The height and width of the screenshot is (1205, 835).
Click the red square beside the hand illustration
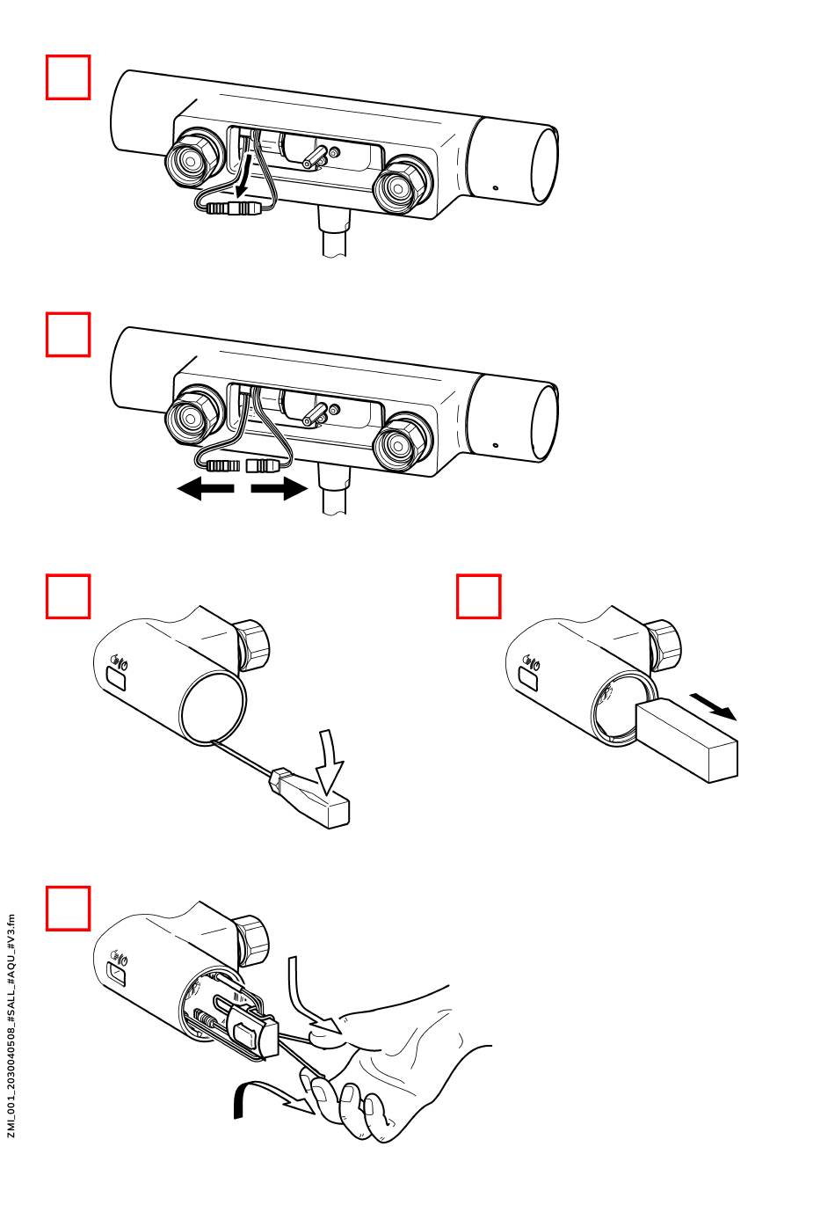coord(69,909)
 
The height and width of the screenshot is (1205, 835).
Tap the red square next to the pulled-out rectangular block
coord(479,597)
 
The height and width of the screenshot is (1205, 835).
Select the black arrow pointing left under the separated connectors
coord(206,489)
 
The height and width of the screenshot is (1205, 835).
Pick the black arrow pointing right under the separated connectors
coord(280,489)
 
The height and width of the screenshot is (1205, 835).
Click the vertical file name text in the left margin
coord(11,1026)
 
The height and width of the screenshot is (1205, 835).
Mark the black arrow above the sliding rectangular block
coord(713,705)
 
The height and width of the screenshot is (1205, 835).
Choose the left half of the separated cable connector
coord(222,464)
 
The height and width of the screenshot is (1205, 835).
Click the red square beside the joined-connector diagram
coord(69,77)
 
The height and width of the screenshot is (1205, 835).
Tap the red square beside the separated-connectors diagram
coord(69,335)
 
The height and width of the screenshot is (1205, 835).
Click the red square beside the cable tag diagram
coord(69,597)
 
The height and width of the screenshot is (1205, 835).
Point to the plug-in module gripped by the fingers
coord(252,1033)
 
